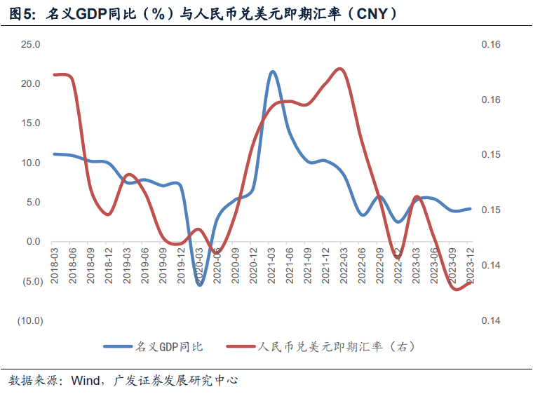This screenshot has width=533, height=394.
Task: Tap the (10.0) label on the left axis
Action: point(30,321)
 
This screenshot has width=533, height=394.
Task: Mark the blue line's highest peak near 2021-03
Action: point(272,72)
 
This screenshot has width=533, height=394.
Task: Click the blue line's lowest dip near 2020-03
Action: point(200,285)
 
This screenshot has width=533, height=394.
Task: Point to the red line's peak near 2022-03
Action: point(340,69)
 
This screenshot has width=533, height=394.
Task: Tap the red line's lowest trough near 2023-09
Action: point(455,289)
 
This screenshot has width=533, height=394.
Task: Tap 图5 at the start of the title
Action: point(21,14)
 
